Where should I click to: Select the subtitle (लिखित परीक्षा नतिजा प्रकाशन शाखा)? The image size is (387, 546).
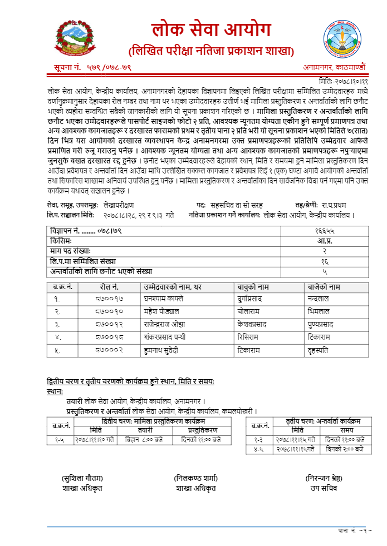click(211, 52)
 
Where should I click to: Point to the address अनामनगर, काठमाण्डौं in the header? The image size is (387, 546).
click(335, 67)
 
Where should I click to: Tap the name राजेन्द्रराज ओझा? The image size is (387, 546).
click(164, 324)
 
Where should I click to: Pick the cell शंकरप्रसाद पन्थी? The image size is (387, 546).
click(164, 337)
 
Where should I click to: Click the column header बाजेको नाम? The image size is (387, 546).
click(324, 286)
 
